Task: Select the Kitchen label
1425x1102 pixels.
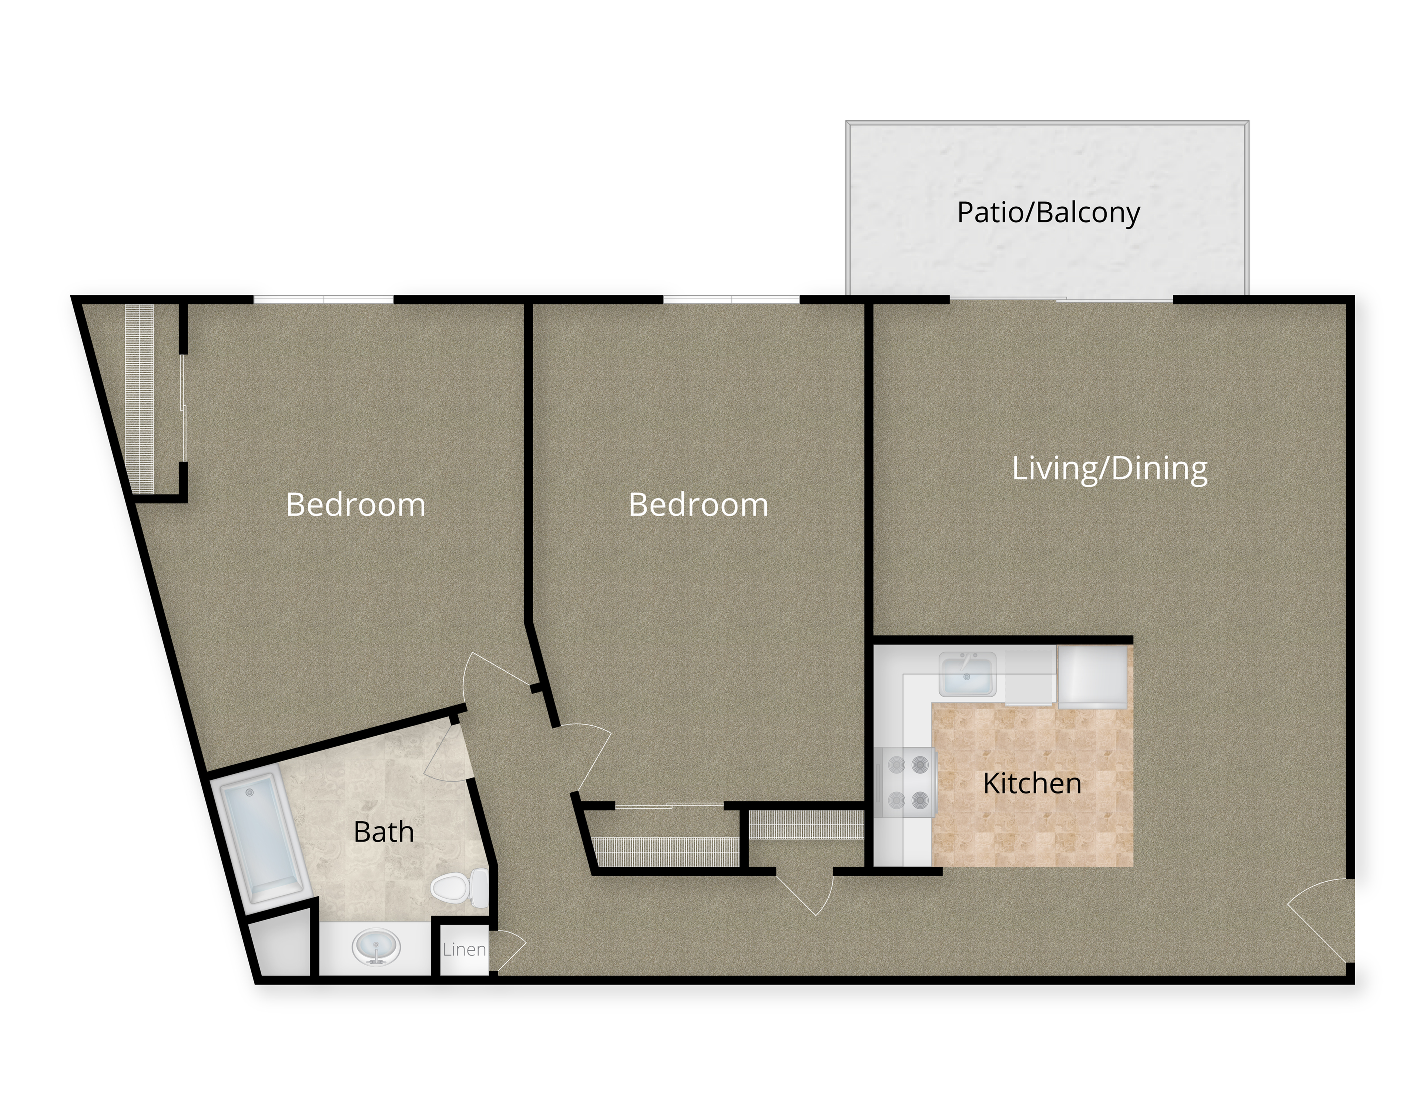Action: [x=1032, y=783]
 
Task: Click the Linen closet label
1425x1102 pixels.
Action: [x=464, y=949]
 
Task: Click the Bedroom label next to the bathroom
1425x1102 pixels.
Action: [x=356, y=505]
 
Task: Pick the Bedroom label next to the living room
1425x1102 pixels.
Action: [x=698, y=505]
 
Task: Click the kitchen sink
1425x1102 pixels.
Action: [x=967, y=674]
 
